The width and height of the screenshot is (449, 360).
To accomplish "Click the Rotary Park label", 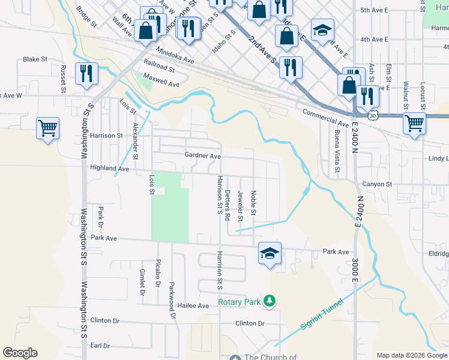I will (239, 302).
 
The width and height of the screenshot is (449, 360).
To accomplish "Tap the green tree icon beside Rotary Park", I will (271, 301).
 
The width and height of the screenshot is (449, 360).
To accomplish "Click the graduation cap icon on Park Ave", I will (270, 253).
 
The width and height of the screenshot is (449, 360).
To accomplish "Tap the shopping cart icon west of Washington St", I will (47, 128).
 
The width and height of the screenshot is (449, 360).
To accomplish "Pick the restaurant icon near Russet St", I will (86, 73).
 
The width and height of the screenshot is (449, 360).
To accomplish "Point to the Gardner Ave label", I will (203, 156).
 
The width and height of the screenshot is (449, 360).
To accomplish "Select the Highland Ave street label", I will (110, 169).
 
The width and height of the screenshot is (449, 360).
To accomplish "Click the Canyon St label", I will (376, 184).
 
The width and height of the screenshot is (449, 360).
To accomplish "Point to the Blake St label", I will (35, 59).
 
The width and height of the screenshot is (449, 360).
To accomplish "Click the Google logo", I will (20, 353).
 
